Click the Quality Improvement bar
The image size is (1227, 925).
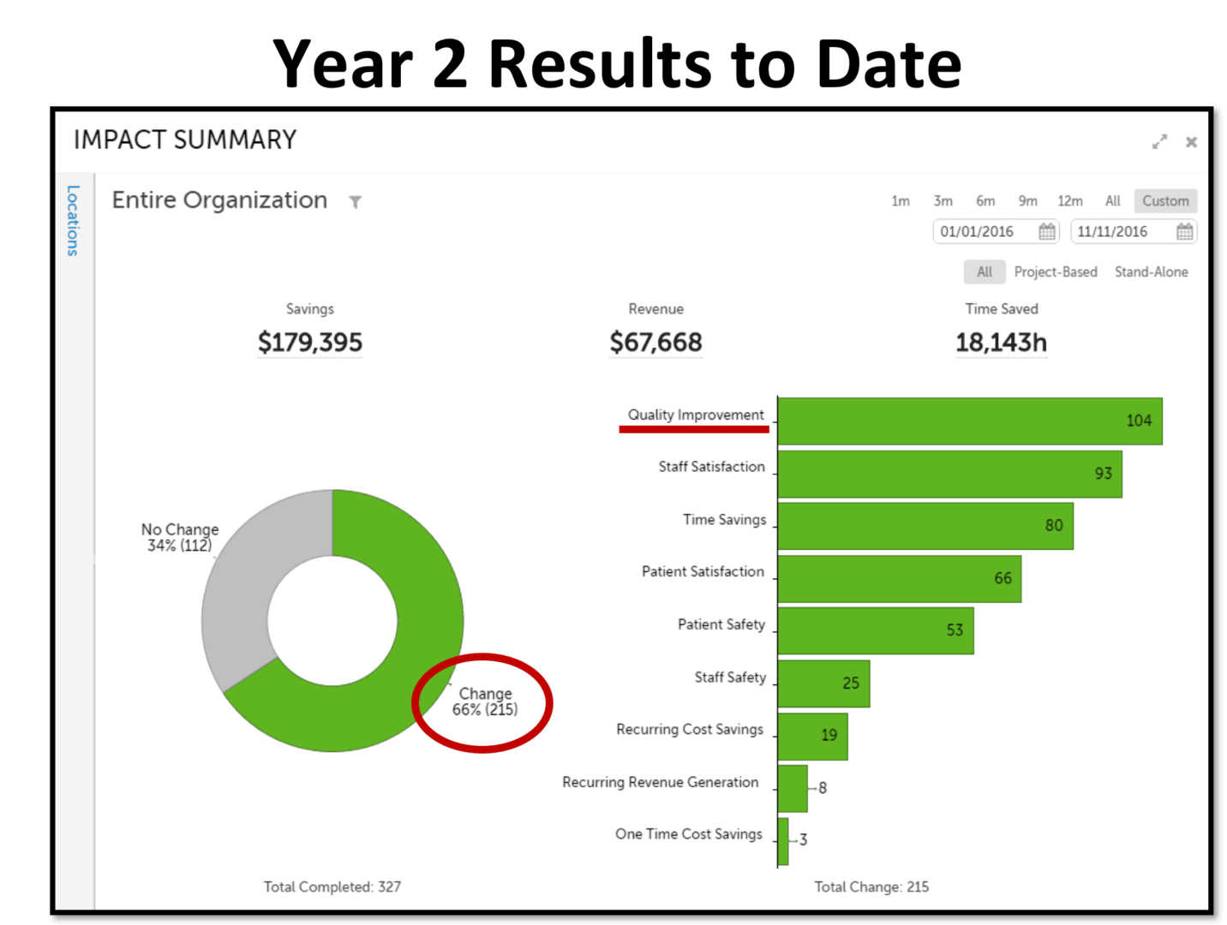pyautogui.click(x=968, y=421)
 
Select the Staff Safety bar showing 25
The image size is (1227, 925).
pyautogui.click(x=823, y=683)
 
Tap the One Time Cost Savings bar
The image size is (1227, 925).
pyautogui.click(x=783, y=841)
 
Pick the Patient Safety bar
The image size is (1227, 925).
pyautogui.click(x=874, y=630)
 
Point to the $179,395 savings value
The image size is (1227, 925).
pyautogui.click(x=310, y=343)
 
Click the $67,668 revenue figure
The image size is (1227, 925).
pyautogui.click(x=655, y=343)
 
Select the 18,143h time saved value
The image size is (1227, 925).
pyautogui.click(x=1001, y=343)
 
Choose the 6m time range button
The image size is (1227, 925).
pyautogui.click(x=985, y=201)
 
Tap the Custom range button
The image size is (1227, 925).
pyautogui.click(x=1165, y=201)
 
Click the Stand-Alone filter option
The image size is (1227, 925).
pyautogui.click(x=1151, y=272)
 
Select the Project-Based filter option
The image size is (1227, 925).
pyautogui.click(x=1056, y=272)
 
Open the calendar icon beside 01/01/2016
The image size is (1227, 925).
pyautogui.click(x=1047, y=231)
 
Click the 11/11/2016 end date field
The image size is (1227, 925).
pyautogui.click(x=1114, y=231)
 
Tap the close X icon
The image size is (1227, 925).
pyautogui.click(x=1191, y=142)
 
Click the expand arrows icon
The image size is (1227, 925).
pyautogui.click(x=1159, y=142)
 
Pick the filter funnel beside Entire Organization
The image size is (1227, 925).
pyautogui.click(x=355, y=202)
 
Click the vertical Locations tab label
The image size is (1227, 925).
pyautogui.click(x=73, y=220)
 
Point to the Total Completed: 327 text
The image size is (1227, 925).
pyautogui.click(x=332, y=887)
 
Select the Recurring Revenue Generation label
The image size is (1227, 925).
pyautogui.click(x=660, y=782)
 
